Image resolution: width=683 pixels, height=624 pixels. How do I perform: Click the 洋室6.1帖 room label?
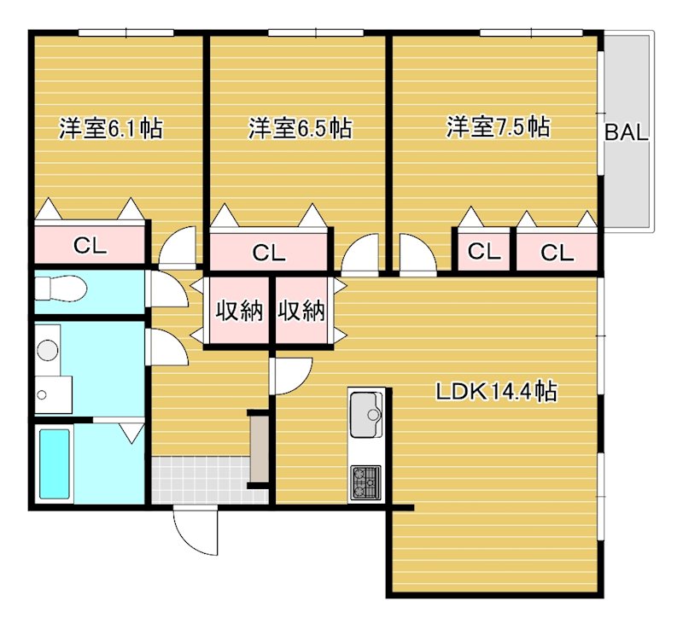click(x=111, y=129)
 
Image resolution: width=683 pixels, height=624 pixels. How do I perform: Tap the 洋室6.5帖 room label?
click(x=301, y=129)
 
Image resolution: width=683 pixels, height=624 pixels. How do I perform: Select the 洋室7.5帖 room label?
click(x=497, y=128)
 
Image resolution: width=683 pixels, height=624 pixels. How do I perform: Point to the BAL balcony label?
click(x=628, y=133)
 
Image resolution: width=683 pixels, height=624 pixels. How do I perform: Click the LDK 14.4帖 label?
click(x=497, y=392)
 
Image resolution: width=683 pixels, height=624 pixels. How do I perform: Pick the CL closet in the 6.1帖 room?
click(x=90, y=246)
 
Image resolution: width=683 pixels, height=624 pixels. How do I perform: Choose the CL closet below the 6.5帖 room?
click(x=268, y=253)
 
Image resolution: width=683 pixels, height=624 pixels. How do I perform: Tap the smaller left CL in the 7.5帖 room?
click(x=482, y=252)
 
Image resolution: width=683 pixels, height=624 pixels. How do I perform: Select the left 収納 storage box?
click(x=237, y=312)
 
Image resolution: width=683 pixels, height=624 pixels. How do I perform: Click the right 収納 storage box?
click(x=302, y=312)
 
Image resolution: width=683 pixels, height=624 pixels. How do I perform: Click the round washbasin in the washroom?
click(x=48, y=349)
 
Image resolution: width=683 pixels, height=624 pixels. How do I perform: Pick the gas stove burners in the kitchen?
click(x=366, y=483)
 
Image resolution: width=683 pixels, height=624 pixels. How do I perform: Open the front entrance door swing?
click(x=195, y=533)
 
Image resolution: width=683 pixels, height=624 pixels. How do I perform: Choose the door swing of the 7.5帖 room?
click(x=416, y=254)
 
